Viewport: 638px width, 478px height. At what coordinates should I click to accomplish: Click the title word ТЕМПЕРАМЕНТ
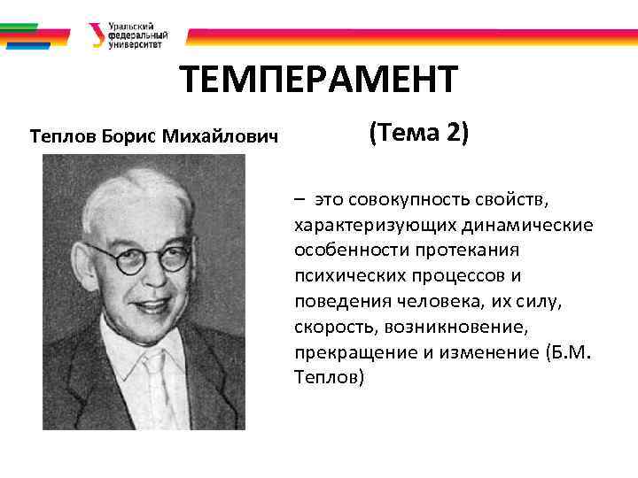click(319, 81)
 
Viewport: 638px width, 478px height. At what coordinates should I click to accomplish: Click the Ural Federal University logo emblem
click(96, 36)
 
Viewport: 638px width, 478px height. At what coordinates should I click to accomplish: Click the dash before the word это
click(301, 200)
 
